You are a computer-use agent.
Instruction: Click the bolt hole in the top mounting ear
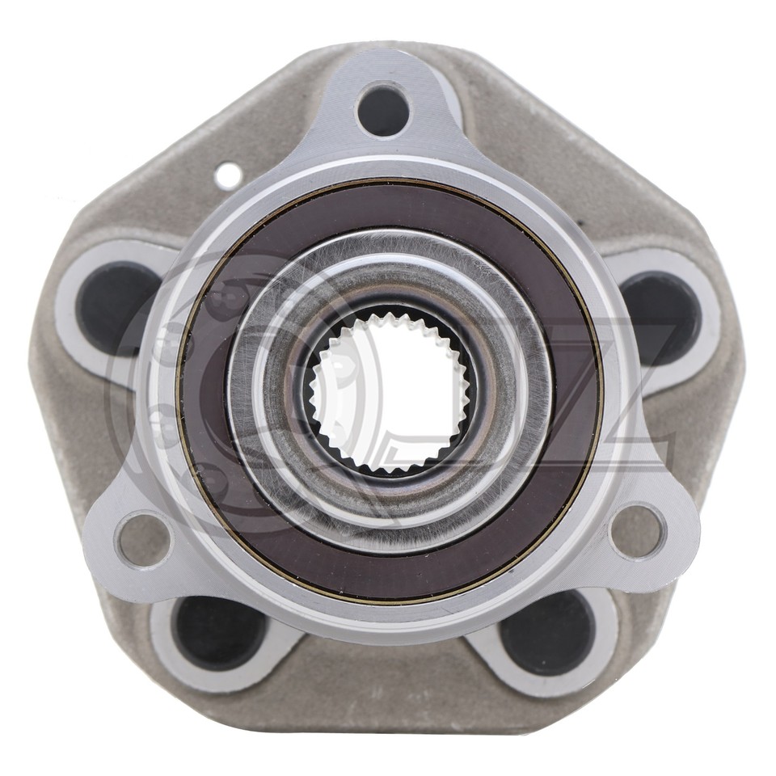pyautogui.click(x=383, y=109)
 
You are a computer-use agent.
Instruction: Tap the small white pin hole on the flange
pyautogui.click(x=229, y=173)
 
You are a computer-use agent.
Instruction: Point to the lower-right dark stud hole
pyautogui.click(x=546, y=632)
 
